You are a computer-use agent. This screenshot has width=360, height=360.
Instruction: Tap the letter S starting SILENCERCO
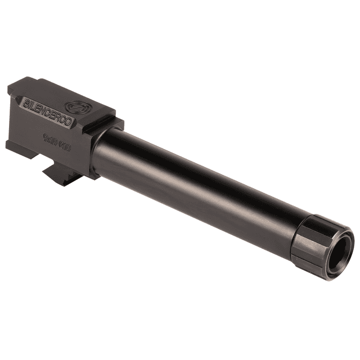(28, 104)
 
